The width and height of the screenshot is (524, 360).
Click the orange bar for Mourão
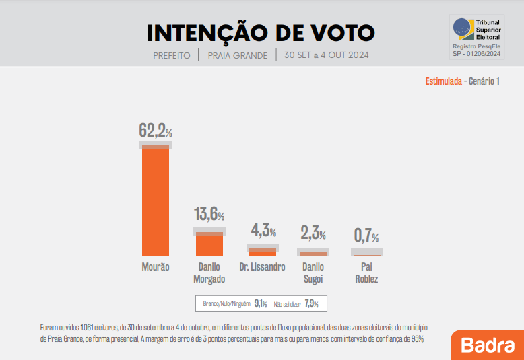point(156,202)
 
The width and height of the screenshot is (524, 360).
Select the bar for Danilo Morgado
point(209,245)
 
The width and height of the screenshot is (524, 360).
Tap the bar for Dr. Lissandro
point(263,253)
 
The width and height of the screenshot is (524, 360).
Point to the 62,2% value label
point(156,131)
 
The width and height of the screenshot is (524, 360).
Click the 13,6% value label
point(209,215)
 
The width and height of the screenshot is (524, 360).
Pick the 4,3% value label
point(263,231)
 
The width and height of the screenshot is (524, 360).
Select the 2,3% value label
point(313,234)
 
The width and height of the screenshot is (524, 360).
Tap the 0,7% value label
point(366,236)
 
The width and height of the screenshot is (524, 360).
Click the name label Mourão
point(156,266)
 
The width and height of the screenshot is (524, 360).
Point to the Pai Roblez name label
point(366,273)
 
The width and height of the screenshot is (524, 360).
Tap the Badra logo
point(488,345)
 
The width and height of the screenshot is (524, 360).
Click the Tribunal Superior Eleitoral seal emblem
point(463,28)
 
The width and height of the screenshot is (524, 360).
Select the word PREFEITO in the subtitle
point(172,55)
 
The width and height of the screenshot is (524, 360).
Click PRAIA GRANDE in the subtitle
point(238,55)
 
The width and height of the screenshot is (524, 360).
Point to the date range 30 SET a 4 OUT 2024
point(327,55)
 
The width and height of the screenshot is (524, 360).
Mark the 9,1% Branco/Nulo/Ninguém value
point(261,304)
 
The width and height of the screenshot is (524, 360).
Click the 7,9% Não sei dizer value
point(311,304)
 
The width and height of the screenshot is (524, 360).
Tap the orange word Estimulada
point(443,81)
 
